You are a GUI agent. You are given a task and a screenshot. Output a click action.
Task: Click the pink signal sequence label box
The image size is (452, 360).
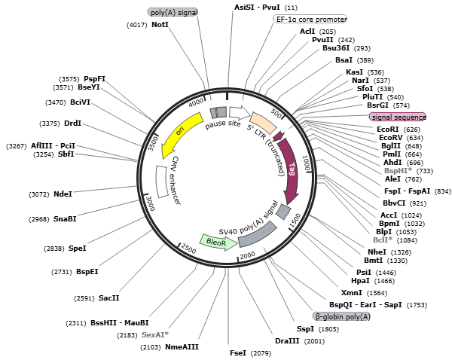click(x=398, y=117)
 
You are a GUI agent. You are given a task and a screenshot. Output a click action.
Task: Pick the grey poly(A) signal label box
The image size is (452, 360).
click(x=173, y=13)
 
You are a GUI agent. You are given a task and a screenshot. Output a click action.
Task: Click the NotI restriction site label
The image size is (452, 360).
click(x=160, y=25)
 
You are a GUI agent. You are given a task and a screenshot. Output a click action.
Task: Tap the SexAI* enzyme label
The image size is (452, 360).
click(x=155, y=334)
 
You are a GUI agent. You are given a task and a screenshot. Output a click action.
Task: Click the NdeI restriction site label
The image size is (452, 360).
click(x=63, y=194)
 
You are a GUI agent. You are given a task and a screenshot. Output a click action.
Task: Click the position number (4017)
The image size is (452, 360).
click(x=137, y=25)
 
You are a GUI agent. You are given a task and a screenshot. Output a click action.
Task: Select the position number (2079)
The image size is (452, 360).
click(x=261, y=352)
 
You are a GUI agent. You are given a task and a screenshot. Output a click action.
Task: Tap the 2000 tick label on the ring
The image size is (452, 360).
click(x=248, y=256)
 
